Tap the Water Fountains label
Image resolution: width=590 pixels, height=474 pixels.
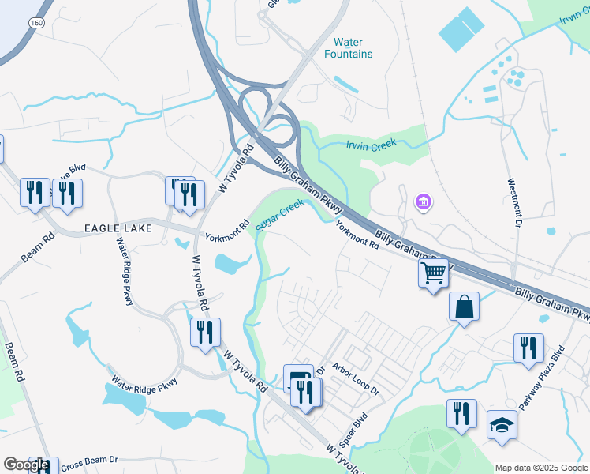click(348, 48)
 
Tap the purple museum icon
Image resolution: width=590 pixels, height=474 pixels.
click(424, 203)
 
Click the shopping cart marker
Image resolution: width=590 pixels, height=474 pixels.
click(433, 273)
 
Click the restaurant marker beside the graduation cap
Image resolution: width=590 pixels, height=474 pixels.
click(461, 413)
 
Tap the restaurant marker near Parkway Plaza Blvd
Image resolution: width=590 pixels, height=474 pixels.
click(528, 348)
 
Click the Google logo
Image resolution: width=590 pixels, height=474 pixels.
click(26, 465)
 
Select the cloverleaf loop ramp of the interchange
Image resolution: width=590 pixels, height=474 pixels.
click(254, 103)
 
